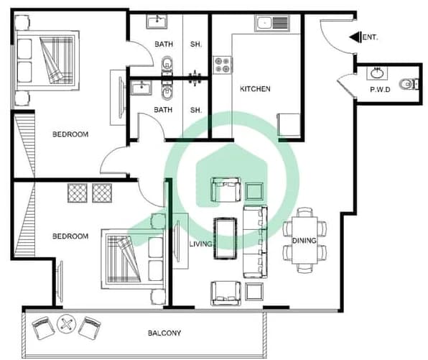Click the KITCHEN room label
pos(255,89)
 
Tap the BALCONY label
pos(164,333)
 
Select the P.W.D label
pos(380,90)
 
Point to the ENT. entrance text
pos(370,37)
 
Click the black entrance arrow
pos(355,37)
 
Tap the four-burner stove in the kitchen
pos(222,65)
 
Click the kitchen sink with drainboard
pos(272,23)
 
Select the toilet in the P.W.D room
pos(409,84)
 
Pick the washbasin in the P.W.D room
pos(377,73)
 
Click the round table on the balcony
pos(66,324)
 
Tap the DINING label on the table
pos(304,241)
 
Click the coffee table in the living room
pos(225,238)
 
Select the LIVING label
pos(200,244)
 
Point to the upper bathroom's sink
pos(157,22)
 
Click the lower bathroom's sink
pos(141,88)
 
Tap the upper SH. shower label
pos(196,44)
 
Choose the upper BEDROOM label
pos(70,134)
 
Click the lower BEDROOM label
pos(70,236)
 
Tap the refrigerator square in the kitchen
pos(289,124)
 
